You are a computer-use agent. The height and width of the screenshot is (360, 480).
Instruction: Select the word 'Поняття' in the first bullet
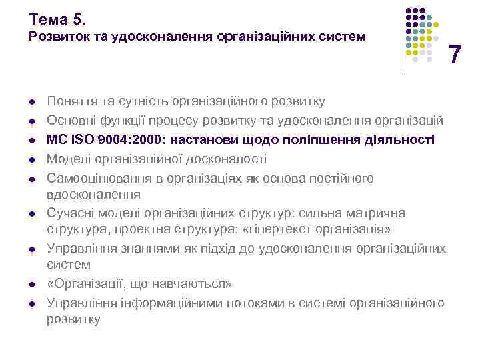point(69,101)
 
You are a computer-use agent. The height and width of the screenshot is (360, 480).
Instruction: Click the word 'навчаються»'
point(197,284)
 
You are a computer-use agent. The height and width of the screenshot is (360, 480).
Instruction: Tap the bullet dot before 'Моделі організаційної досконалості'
point(31,159)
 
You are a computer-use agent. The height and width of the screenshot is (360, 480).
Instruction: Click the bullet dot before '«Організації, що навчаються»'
point(31,285)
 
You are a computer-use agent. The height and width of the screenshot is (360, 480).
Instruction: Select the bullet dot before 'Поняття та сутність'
point(31,101)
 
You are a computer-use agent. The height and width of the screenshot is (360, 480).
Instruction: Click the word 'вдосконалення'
point(93,195)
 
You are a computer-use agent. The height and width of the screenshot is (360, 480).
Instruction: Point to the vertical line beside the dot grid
point(403,37)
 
